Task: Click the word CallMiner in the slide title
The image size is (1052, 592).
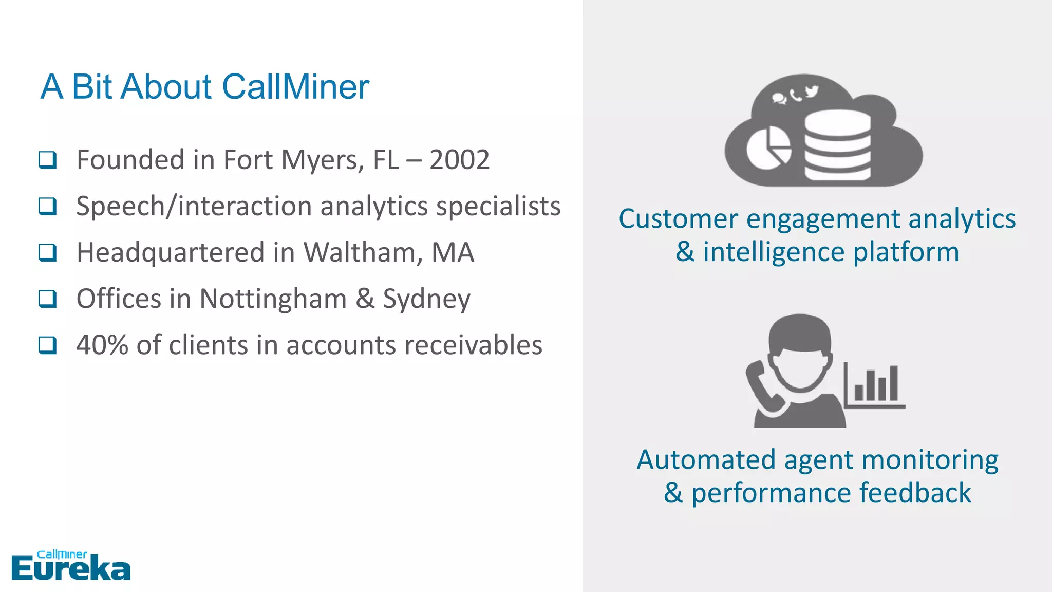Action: coord(295,86)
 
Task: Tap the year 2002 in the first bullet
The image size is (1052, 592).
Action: coord(459,160)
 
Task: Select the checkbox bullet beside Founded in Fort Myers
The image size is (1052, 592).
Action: coord(48,160)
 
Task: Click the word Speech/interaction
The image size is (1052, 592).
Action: coord(194,207)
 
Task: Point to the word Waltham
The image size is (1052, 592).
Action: coord(363,252)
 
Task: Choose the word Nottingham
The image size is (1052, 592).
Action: coord(273,299)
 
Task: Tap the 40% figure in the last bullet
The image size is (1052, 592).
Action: coord(102,345)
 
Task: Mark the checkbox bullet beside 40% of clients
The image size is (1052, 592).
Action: coord(48,345)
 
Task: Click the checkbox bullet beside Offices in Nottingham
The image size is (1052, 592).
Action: coord(48,299)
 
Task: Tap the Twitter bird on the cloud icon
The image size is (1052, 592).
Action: coord(811,91)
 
